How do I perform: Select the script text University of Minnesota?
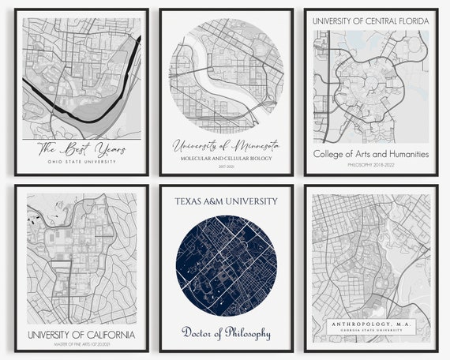(226, 145)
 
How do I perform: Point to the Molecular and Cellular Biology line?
(226, 159)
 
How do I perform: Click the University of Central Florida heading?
(371, 21)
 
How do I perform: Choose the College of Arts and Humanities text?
(371, 154)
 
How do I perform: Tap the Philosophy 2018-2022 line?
(371, 166)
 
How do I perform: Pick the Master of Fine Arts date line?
(81, 345)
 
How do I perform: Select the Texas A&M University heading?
(226, 201)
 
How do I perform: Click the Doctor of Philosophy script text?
(226, 332)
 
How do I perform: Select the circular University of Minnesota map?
(226, 76)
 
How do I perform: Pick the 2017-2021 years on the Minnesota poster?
(226, 167)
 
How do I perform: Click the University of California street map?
(81, 261)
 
